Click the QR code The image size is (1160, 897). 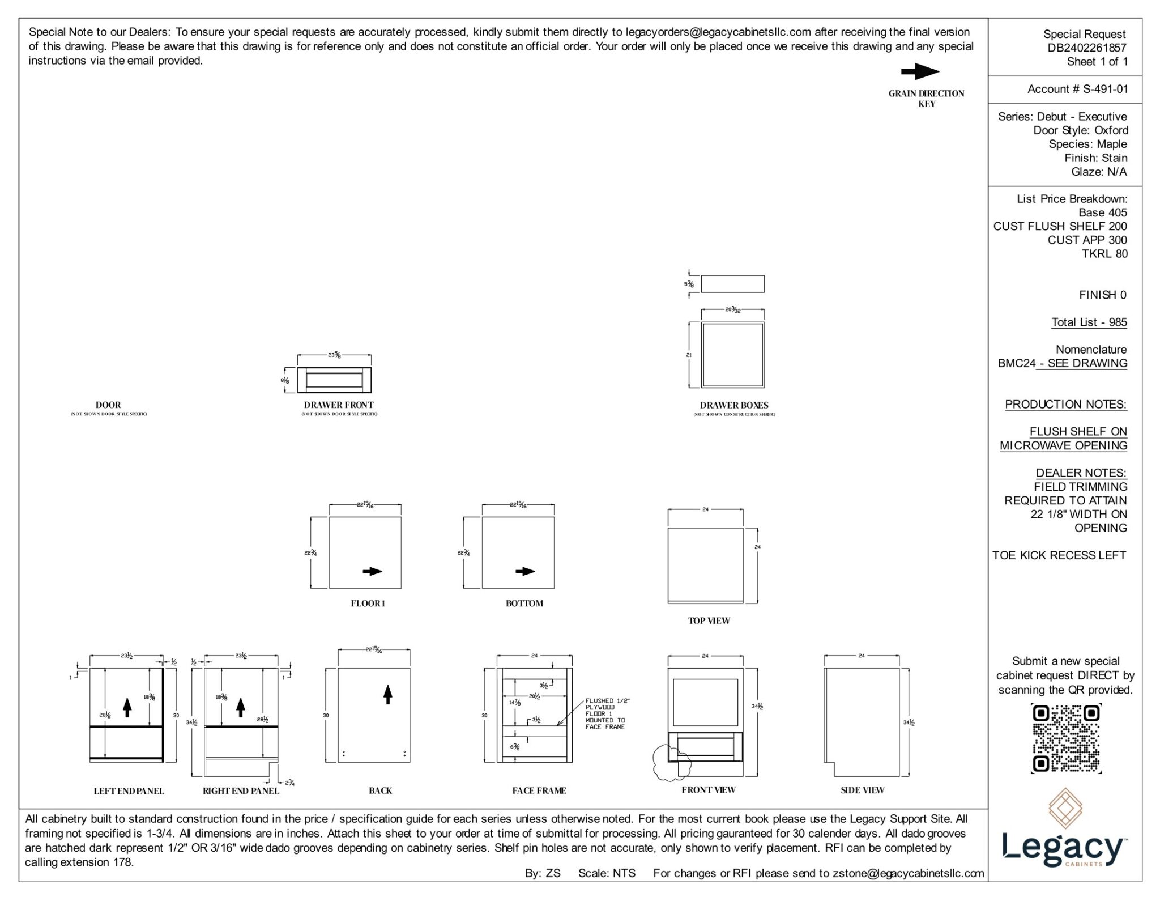[1066, 738]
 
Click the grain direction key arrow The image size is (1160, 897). [920, 72]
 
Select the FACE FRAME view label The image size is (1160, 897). [539, 790]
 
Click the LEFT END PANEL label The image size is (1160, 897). [129, 791]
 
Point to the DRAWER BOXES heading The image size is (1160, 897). [733, 405]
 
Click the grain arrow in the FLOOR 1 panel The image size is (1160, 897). [372, 571]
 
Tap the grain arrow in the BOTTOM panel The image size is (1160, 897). [525, 571]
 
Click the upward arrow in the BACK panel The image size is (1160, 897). [388, 694]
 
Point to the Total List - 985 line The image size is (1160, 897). [1089, 322]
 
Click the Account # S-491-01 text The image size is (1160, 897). [1077, 89]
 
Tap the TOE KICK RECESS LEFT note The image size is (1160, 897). [1059, 555]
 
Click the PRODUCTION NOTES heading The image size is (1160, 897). [1065, 405]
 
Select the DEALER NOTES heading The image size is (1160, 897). [1081, 473]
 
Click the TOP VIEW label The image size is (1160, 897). [709, 620]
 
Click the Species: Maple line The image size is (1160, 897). [1087, 144]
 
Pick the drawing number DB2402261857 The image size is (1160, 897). [1086, 48]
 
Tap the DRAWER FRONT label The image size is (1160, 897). [338, 405]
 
